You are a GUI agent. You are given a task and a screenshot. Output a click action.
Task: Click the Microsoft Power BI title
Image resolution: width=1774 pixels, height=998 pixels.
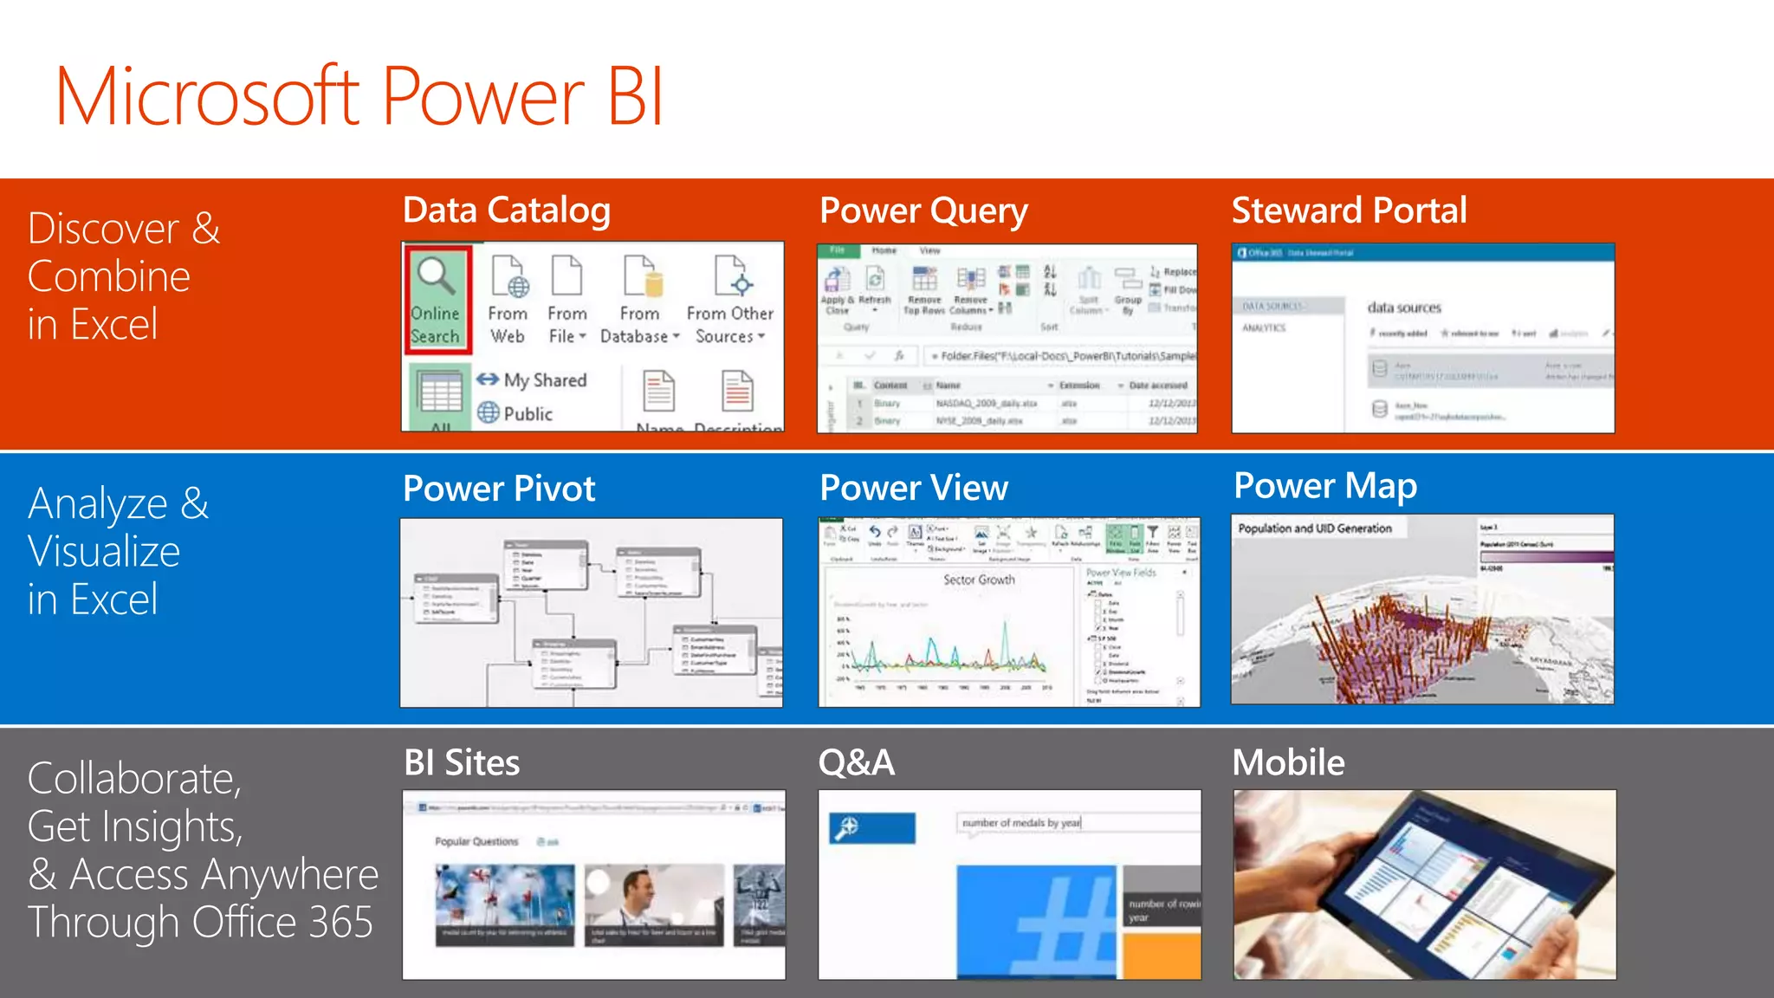point(359,97)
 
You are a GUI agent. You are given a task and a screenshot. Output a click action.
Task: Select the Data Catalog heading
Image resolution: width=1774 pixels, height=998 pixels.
point(507,211)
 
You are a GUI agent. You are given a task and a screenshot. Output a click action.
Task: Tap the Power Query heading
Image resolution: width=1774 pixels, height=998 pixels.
point(923,211)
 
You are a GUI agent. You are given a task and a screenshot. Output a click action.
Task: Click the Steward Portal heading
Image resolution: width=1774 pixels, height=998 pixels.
point(1349,211)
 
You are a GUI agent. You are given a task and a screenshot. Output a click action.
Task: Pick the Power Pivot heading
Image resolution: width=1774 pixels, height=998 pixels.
point(499,489)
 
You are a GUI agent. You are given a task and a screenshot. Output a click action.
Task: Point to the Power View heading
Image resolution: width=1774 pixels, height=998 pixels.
point(914,488)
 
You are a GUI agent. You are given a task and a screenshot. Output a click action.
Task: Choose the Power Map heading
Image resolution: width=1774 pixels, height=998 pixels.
point(1325,486)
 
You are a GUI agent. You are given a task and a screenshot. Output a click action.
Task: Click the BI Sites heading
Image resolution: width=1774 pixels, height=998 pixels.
point(462,763)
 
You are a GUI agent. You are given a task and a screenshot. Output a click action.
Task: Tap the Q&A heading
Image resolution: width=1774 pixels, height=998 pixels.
point(857,763)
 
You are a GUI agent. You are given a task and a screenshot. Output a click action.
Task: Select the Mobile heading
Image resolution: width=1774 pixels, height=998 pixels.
point(1288,763)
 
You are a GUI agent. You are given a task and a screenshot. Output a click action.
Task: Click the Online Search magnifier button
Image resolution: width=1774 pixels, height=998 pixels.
point(437,300)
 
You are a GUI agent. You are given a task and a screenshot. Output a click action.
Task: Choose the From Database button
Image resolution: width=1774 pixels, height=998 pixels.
point(640,300)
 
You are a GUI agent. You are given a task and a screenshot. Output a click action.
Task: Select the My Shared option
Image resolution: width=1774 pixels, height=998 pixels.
point(532,379)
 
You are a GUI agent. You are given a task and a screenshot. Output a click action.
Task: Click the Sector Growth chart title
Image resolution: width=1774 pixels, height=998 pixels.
point(979,580)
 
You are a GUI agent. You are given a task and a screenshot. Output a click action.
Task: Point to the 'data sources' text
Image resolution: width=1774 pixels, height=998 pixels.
point(1404,308)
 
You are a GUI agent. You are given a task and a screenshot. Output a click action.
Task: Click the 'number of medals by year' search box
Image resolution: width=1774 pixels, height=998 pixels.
point(1074,823)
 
